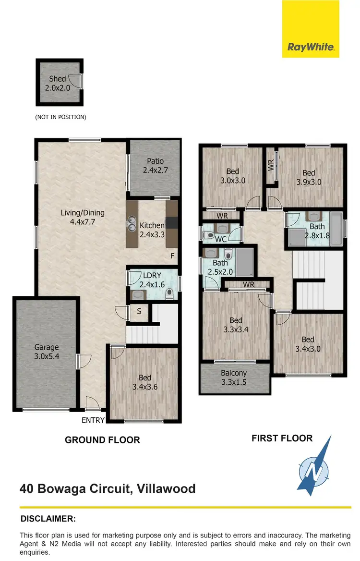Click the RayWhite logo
(311, 47)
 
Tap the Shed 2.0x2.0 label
(58, 83)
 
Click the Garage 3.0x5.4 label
(47, 352)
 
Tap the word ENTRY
(93, 420)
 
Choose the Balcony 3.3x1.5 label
(234, 378)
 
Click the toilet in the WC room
(208, 235)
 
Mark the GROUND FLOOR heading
(102, 439)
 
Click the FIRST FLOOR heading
(282, 438)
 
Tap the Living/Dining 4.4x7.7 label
(83, 218)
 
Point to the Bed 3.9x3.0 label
(309, 177)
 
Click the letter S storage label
(139, 311)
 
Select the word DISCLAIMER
(48, 519)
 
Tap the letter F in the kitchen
(172, 256)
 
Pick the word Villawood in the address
(166, 489)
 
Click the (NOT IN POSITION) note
(60, 117)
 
